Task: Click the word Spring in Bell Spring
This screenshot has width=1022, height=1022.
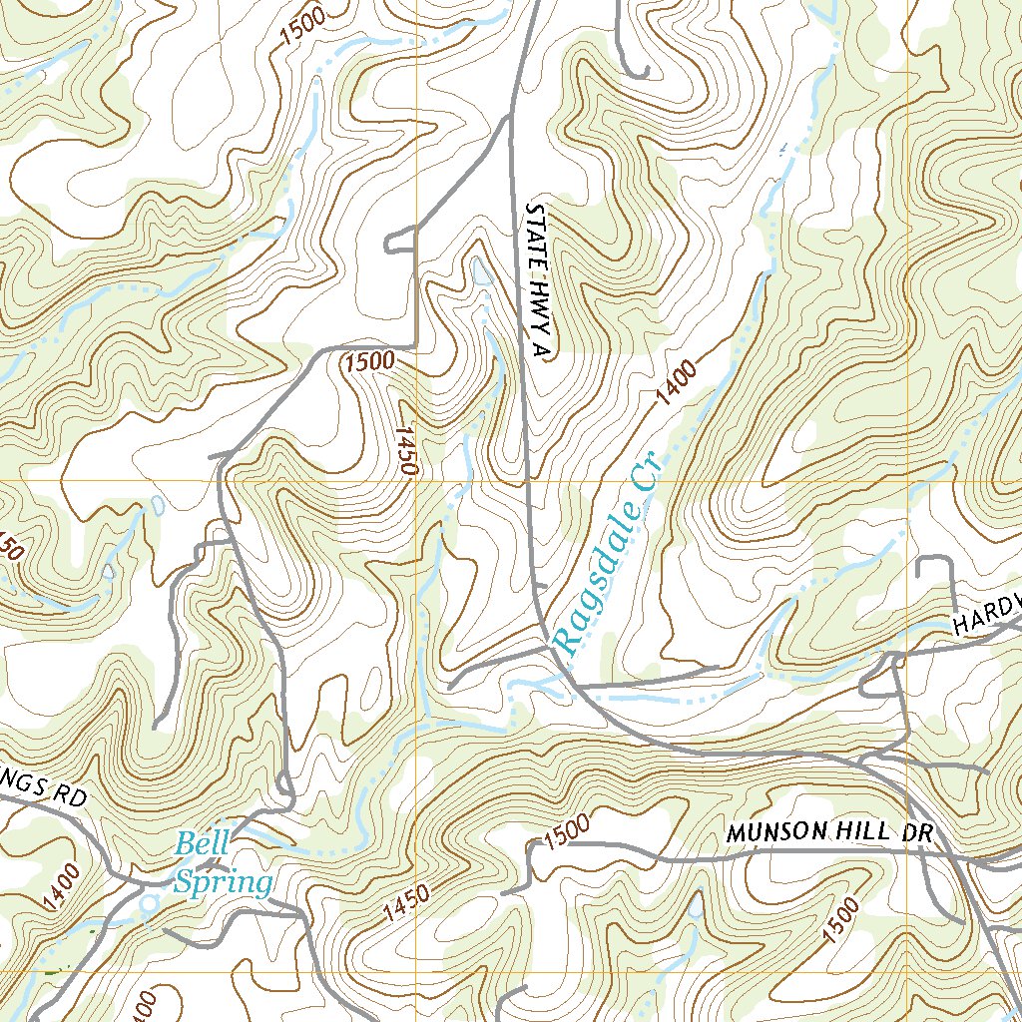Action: [x=224, y=882]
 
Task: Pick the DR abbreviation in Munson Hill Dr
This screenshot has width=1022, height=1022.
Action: [x=919, y=832]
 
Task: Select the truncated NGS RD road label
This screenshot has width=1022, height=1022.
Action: [x=45, y=790]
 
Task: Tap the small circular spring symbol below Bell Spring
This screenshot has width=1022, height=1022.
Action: [x=150, y=903]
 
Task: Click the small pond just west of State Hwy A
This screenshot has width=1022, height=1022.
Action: [x=481, y=269]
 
